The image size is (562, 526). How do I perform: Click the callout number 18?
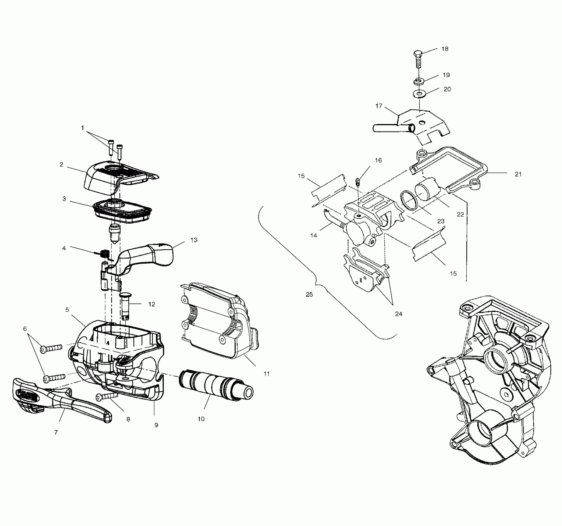(445, 49)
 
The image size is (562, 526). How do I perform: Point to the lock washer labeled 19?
(417, 81)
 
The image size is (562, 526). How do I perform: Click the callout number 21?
(518, 175)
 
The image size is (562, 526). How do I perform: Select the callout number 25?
(309, 295)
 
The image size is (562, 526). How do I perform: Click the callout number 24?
(399, 314)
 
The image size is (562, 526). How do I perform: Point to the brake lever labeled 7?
(62, 399)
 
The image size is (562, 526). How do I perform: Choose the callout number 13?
(194, 240)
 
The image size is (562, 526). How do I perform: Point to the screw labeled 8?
(107, 396)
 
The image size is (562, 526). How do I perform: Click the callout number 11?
(266, 374)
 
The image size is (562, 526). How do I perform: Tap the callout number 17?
(379, 106)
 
